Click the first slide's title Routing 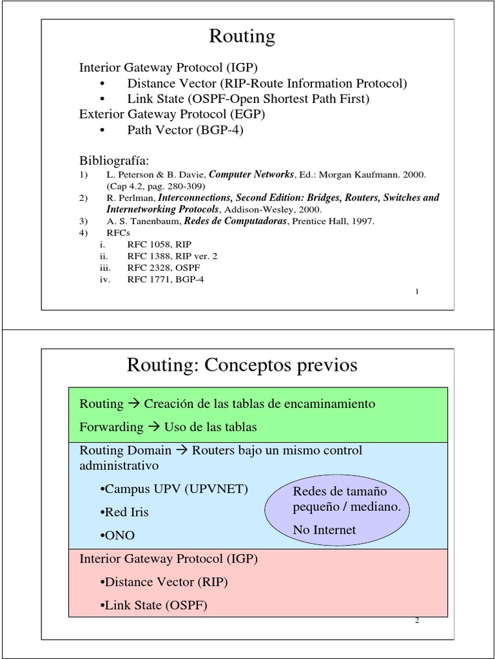[242, 37]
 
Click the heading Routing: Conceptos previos [242, 366]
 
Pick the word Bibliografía [113, 160]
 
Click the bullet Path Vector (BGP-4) [186, 130]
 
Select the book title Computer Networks [252, 174]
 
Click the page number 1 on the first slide [417, 292]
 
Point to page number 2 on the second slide [417, 620]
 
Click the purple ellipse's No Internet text [324, 530]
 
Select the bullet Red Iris [124, 512]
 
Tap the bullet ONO [118, 535]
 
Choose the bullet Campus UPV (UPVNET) [174, 489]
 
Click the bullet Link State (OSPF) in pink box [154, 605]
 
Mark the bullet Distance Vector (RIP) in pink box [164, 582]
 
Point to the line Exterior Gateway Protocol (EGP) [172, 115]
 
